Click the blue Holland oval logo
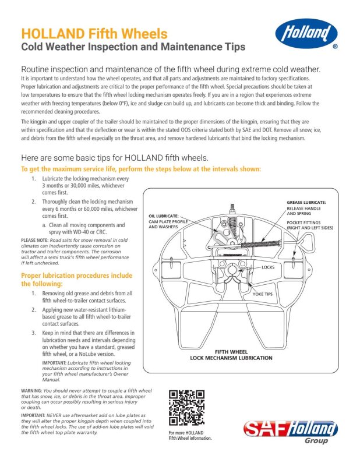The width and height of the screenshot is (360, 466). click(306, 33)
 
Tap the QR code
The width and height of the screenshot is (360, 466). click(186, 408)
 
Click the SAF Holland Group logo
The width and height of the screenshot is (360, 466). click(291, 432)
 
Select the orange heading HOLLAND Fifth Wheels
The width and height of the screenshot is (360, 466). click(94, 34)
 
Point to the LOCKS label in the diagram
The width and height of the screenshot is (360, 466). click(268, 267)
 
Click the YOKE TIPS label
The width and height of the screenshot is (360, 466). click(263, 294)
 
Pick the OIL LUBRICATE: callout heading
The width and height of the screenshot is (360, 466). click(164, 216)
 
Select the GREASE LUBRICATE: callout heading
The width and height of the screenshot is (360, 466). click(306, 202)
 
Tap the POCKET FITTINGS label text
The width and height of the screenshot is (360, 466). click(303, 223)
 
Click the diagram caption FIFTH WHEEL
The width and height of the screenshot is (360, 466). click(231, 352)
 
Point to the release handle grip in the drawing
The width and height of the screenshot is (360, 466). click(306, 241)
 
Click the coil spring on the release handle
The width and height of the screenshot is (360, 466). click(260, 244)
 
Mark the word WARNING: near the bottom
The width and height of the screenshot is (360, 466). click(31, 390)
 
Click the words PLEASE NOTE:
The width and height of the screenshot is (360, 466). click(35, 240)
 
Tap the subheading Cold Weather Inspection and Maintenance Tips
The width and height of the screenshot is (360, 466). click(133, 47)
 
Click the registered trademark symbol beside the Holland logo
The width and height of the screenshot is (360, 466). click(335, 47)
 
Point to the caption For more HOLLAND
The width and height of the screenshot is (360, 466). click(186, 433)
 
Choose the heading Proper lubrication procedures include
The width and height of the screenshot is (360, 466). click(77, 276)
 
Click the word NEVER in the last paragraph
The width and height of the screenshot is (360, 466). click(54, 415)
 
